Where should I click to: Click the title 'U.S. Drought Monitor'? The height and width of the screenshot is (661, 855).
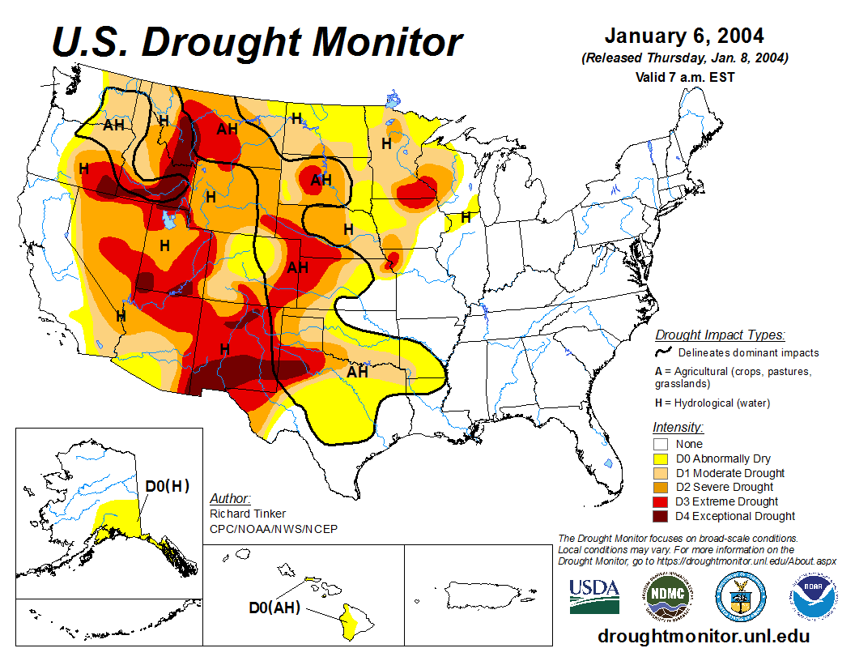pos(257,41)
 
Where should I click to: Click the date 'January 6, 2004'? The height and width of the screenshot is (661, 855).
pos(684,36)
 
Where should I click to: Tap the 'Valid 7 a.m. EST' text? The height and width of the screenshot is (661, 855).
pos(684,77)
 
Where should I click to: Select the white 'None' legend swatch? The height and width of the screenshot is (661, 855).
pos(661,444)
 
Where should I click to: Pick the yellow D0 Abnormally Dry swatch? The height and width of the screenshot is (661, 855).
pos(661,458)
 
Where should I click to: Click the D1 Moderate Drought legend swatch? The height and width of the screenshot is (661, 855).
pos(661,473)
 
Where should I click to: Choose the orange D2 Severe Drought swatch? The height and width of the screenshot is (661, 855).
pos(661,487)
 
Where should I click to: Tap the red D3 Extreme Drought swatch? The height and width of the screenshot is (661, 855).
pos(661,501)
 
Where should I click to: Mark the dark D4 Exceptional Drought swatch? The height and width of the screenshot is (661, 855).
pos(661,516)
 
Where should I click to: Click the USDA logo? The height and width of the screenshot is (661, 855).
pos(594,596)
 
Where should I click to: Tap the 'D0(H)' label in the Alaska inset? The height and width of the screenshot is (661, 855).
pos(168,486)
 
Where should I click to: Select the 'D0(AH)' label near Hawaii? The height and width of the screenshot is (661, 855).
pos(274,607)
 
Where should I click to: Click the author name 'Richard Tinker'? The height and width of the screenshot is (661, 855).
pos(247,514)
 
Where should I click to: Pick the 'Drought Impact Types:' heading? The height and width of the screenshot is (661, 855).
pos(720,335)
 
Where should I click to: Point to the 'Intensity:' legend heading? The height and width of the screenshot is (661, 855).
pos(678,427)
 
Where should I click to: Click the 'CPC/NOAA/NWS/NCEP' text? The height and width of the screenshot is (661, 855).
pos(273,529)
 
